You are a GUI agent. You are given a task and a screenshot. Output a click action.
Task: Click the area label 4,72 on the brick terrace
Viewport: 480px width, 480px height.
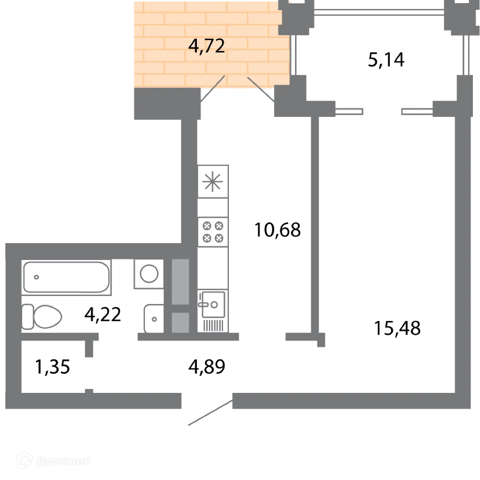pos(207,46)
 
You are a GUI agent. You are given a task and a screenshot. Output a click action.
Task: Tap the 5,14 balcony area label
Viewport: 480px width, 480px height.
pos(386,60)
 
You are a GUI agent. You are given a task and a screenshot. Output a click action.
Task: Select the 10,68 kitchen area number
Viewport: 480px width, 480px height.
pos(277,230)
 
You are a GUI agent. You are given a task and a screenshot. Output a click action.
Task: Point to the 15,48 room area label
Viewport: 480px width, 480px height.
pos(397,328)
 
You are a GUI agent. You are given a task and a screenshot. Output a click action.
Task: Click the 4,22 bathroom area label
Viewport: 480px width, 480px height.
pos(103,314)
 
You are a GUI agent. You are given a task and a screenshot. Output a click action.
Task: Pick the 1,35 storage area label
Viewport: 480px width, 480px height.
pos(52,367)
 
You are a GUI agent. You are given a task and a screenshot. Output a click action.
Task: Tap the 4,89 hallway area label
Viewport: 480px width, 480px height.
pos(207,367)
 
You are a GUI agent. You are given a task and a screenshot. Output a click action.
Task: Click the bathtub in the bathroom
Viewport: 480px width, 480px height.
pos(66,277)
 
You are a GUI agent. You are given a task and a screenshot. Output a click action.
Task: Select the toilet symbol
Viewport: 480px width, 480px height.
pos(42,316)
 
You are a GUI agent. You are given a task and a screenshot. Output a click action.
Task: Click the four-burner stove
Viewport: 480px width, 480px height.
pos(213,232)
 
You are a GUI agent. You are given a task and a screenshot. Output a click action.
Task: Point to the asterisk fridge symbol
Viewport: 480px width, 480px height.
pos(212,181)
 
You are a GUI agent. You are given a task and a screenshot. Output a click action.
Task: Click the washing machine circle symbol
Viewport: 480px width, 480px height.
pos(149,274)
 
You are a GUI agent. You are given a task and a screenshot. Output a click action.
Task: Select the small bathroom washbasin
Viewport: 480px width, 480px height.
pos(154,319)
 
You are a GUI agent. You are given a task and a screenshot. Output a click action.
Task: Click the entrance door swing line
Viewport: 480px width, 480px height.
pos(210,412)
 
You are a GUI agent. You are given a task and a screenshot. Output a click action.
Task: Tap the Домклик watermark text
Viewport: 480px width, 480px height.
pos(63,461)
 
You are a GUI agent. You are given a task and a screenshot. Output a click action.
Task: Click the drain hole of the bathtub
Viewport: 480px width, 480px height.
pos(36,277)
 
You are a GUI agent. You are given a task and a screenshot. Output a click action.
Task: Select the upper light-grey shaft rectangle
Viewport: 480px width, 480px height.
pos(180,282)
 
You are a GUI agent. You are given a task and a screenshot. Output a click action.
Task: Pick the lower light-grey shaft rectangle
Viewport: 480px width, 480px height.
pos(180,323)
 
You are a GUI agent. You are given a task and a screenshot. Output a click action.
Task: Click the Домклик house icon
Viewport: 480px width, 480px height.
pos(25,460)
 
